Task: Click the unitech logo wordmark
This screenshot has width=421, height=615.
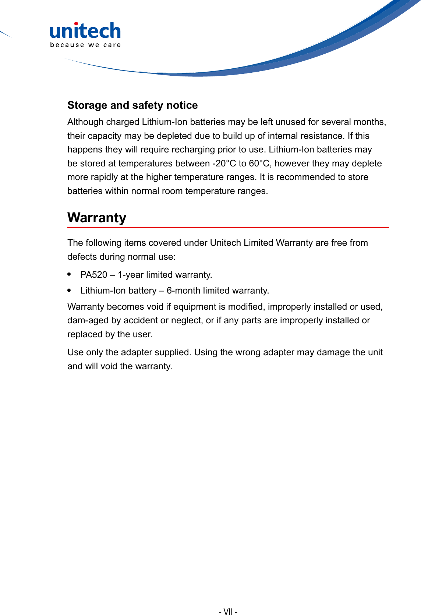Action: (85, 31)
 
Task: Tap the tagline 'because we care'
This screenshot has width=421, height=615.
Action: (85, 45)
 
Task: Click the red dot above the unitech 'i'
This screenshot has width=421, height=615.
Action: (76, 24)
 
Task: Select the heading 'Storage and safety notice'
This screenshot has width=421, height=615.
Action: (132, 105)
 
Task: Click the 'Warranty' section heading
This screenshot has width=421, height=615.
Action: (97, 217)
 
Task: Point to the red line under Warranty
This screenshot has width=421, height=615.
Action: (228, 227)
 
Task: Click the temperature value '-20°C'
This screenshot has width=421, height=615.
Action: (224, 163)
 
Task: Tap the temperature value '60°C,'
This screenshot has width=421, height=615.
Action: (260, 163)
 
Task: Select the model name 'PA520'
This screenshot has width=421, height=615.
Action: (93, 275)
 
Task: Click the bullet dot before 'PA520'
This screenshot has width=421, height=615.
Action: (69, 274)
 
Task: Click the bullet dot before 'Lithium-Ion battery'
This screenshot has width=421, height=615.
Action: (69, 290)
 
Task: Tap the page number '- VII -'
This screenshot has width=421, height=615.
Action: (228, 611)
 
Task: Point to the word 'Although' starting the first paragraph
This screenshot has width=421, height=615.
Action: (85, 122)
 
